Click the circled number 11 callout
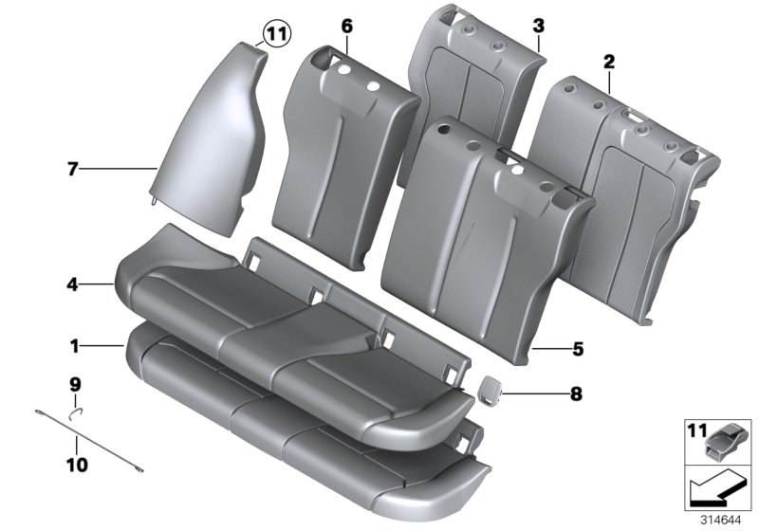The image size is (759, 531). tap(275, 36)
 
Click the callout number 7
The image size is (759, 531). tap(72, 170)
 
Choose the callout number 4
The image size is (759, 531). tap(72, 283)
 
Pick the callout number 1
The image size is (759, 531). tap(72, 348)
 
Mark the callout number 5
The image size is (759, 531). tap(577, 349)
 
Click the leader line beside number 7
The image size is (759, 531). tap(120, 170)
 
